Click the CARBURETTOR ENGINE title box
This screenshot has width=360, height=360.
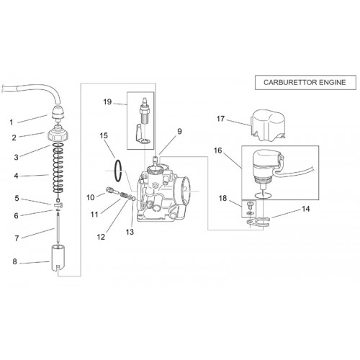305,83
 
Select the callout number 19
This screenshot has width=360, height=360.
107,102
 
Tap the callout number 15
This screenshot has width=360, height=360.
104,135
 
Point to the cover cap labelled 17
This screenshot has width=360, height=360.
268,126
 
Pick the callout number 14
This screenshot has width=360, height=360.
305,209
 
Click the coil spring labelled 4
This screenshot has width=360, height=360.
58,171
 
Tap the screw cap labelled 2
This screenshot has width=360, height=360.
58,135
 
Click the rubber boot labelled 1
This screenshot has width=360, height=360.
58,112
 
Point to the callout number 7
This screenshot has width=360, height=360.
17,238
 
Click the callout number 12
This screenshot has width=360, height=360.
101,237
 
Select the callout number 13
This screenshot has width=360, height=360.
130,232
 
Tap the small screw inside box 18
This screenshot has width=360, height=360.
250,204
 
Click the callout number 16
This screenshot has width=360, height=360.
218,150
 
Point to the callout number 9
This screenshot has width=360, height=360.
179,131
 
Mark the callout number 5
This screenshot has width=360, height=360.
17,199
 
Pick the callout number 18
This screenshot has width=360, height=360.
222,198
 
